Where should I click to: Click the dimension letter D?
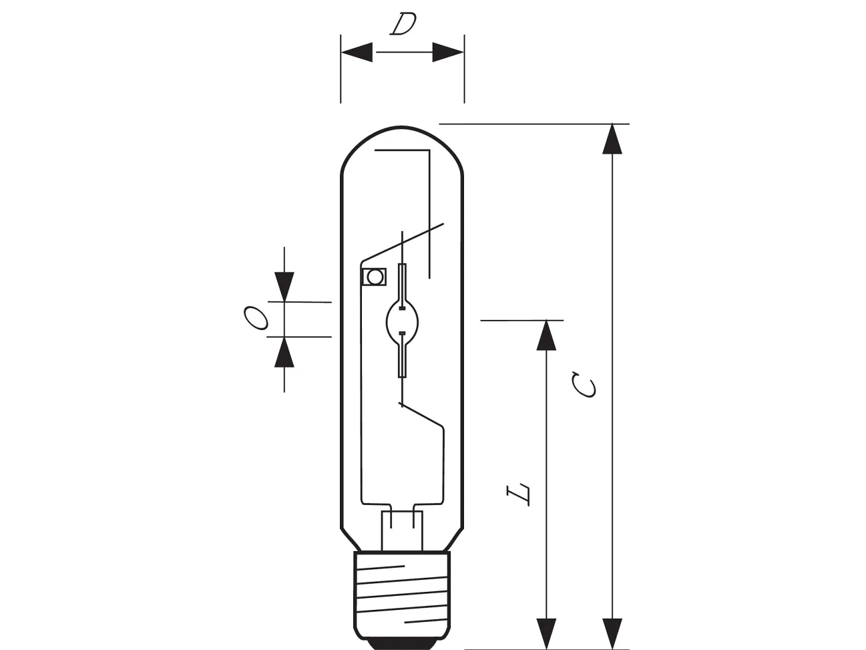tap(403, 24)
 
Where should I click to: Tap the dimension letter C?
tap(584, 384)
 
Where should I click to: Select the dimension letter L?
tap(518, 494)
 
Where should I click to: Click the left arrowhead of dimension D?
tap(357, 52)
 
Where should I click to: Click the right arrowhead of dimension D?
tap(448, 52)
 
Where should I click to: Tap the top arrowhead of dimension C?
tap(612, 139)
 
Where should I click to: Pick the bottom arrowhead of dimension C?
tap(612, 634)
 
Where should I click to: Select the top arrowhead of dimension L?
tap(546, 335)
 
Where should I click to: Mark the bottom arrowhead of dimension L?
tap(546, 634)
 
